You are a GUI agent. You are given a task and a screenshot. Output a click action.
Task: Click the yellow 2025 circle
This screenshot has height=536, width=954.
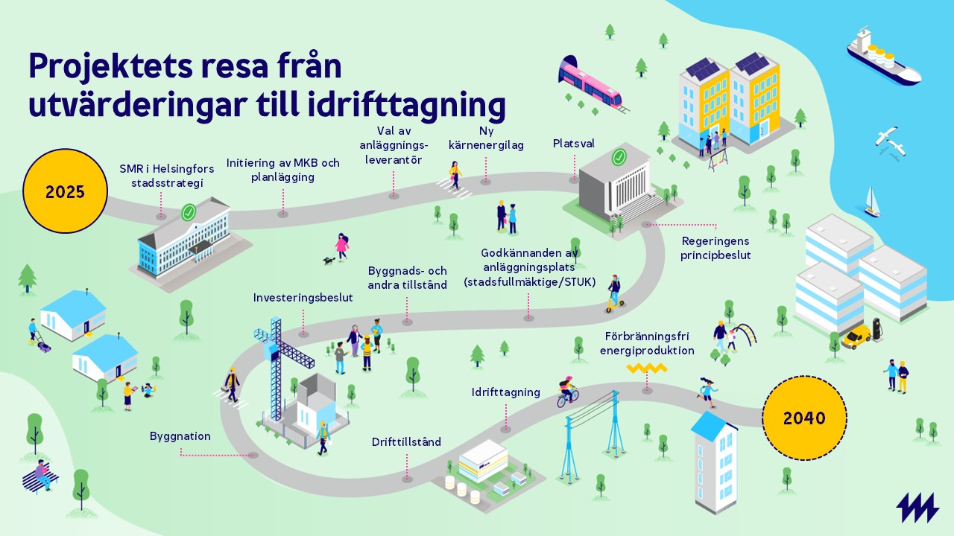[x=65, y=191]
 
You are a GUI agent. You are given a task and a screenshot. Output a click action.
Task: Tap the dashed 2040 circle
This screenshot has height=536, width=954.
[x=804, y=418]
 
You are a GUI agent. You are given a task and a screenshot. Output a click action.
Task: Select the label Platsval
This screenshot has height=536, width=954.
[x=573, y=144]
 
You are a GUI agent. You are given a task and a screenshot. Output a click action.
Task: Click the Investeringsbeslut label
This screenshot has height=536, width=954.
[x=303, y=298]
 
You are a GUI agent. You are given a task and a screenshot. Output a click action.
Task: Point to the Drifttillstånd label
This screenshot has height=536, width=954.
[x=406, y=442]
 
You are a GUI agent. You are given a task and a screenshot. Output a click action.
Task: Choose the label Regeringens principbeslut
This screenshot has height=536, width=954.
[x=715, y=248]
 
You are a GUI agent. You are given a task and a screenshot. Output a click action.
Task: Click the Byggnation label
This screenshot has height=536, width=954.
[x=180, y=436]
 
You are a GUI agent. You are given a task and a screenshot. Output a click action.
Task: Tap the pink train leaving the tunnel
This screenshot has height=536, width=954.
[x=590, y=85]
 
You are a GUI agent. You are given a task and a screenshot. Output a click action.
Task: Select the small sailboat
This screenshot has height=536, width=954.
[x=872, y=202]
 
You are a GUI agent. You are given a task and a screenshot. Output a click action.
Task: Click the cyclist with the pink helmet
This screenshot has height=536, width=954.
[x=568, y=392]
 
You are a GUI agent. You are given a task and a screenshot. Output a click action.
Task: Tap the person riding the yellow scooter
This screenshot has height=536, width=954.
[x=615, y=294]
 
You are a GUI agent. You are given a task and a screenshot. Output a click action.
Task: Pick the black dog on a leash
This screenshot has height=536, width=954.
[x=329, y=260]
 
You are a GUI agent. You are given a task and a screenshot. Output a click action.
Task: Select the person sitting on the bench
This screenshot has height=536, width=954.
[x=42, y=474]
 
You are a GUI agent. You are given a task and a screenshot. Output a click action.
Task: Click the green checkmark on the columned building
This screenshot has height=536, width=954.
[x=619, y=157]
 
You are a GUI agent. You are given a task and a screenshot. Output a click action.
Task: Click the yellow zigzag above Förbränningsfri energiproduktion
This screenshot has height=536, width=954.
[x=647, y=368]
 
